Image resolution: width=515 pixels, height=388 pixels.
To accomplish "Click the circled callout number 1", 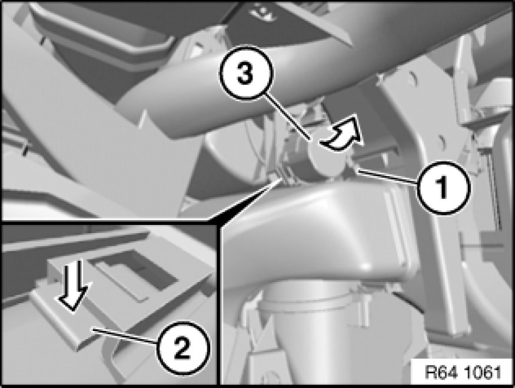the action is [x=443, y=188].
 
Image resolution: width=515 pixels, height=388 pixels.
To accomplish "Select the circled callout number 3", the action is [x=245, y=73].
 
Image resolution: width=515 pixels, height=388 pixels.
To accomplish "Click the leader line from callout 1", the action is [x=388, y=175].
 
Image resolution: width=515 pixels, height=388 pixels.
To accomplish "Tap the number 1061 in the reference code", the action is [x=483, y=372].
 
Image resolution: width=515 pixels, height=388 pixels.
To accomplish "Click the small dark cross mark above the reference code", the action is [x=483, y=246].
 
